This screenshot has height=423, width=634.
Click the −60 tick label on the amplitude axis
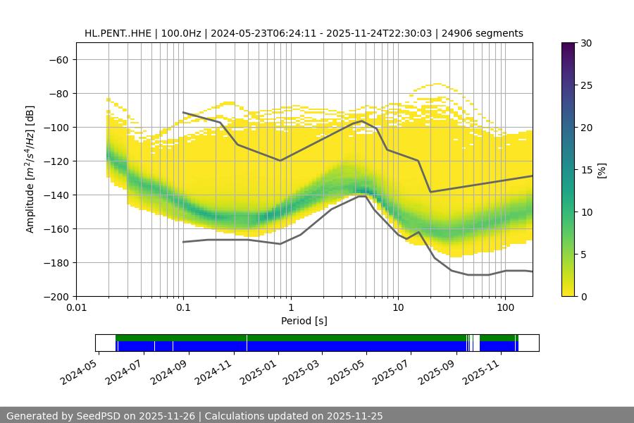click(58, 60)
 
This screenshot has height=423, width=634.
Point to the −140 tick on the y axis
click(55, 195)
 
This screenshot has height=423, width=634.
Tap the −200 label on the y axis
click(55, 297)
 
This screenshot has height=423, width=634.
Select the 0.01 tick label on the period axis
click(76, 308)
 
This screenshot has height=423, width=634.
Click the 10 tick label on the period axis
click(398, 308)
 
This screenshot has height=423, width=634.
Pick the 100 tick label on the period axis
click(505, 308)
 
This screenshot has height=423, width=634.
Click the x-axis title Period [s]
click(304, 321)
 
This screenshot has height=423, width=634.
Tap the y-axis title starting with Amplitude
click(30, 169)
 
